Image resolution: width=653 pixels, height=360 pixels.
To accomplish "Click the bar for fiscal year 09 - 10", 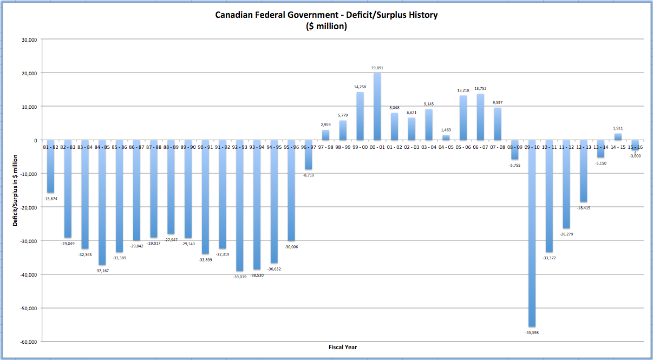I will pyautogui.click(x=532, y=233).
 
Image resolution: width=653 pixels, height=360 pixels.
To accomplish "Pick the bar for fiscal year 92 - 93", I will pyautogui.click(x=239, y=205).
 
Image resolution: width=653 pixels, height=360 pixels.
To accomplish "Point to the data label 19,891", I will pyautogui.click(x=377, y=68).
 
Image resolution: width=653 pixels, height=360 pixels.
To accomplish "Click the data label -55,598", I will pyautogui.click(x=532, y=332).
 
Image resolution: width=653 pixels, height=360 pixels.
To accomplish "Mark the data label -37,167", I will pyautogui.click(x=102, y=270).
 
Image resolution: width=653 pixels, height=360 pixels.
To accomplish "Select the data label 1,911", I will pyautogui.click(x=618, y=128).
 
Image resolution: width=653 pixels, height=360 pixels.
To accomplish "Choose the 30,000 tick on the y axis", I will pyautogui.click(x=28, y=40).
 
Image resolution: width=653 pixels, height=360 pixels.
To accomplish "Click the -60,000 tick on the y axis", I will pyautogui.click(x=27, y=342).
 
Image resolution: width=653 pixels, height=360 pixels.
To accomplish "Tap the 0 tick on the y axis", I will pyautogui.click(x=34, y=140).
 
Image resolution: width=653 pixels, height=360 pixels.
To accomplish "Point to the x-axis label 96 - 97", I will pyautogui.click(x=308, y=147).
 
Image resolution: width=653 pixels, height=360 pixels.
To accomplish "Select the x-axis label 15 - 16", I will pyautogui.click(x=635, y=147).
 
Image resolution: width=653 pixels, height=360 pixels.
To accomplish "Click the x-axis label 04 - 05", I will pyautogui.click(x=446, y=147).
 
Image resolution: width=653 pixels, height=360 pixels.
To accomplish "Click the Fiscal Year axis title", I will pyautogui.click(x=343, y=347).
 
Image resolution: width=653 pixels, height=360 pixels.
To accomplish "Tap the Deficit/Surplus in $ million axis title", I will pyautogui.click(x=16, y=189).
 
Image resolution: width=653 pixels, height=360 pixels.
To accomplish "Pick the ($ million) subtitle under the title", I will pyautogui.click(x=326, y=26).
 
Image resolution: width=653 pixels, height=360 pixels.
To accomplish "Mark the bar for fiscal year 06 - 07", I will pyautogui.click(x=480, y=117).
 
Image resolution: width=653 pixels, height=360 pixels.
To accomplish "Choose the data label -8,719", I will pyautogui.click(x=308, y=175).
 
